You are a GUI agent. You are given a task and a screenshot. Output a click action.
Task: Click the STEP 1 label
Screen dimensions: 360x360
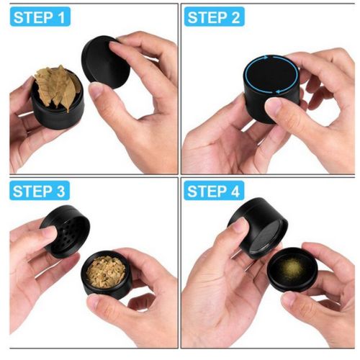pos(40,17)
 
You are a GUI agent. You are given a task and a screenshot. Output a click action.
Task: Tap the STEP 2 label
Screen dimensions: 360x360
pos(215,17)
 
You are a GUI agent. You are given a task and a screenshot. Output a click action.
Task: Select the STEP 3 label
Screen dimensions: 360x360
pos(40,191)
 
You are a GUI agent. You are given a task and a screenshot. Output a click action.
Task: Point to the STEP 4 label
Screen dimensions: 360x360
pos(214,191)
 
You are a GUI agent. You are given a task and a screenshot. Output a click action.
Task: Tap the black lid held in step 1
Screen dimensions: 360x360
pos(106,62)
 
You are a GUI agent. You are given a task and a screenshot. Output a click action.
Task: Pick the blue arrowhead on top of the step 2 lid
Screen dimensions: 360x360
pos(266,58)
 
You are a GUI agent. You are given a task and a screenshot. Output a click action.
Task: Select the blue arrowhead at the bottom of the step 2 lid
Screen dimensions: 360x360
pos(278,91)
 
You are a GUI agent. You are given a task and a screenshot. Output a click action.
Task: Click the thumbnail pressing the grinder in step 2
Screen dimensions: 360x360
pos(274,106)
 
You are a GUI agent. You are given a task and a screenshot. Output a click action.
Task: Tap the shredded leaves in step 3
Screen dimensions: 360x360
pos(106,271)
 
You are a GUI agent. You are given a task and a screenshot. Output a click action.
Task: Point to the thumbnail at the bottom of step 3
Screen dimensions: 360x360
pos(95,300)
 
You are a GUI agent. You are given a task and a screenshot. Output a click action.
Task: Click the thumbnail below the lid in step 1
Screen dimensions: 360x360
pos(96,91)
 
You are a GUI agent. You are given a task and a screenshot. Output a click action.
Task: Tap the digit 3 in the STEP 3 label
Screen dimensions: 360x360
pos(60,191)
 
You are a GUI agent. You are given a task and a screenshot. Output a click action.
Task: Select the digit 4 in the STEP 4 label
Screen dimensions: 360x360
pos(234,191)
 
